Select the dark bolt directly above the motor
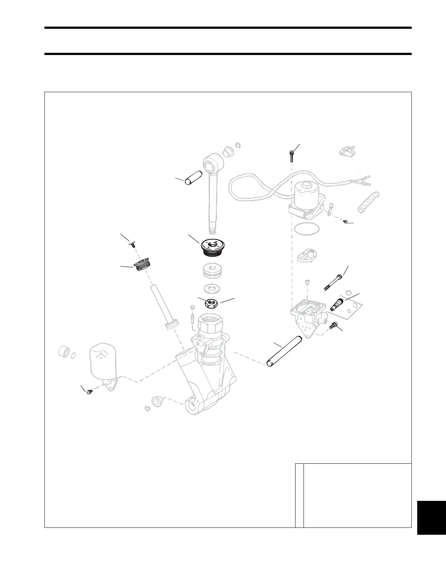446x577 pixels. [x=291, y=156]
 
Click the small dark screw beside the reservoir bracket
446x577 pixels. [x=89, y=392]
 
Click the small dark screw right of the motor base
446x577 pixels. [x=346, y=221]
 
